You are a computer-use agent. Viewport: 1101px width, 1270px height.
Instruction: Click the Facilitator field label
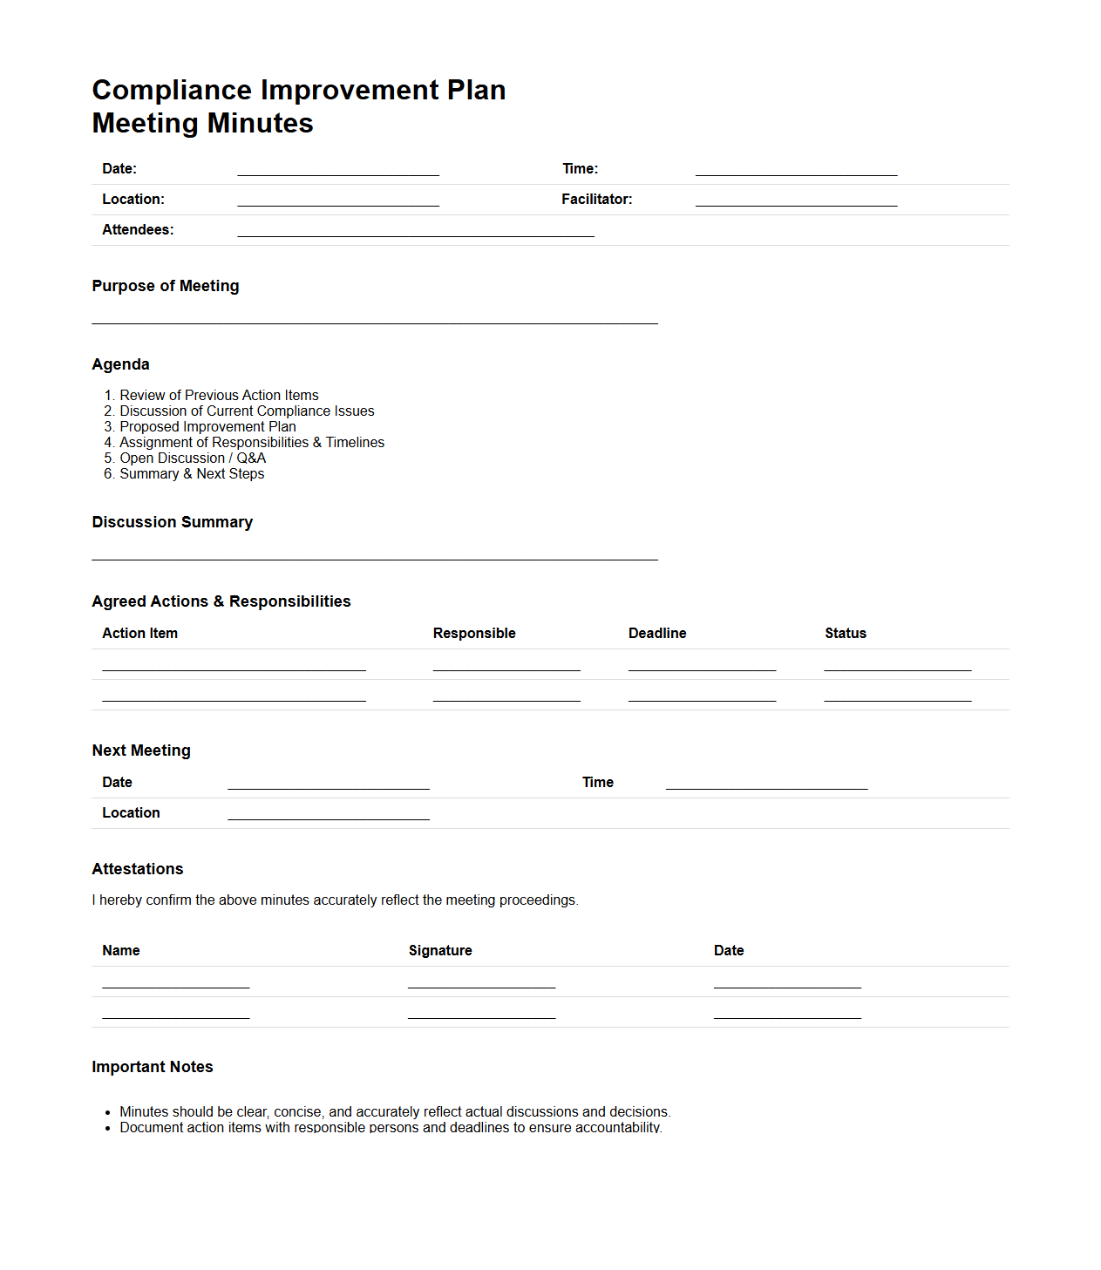pos(596,200)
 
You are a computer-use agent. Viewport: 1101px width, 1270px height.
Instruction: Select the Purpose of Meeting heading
pos(166,286)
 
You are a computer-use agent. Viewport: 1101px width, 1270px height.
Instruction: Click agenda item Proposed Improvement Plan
pos(207,427)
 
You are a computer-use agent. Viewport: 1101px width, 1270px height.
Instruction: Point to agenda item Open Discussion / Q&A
pos(193,458)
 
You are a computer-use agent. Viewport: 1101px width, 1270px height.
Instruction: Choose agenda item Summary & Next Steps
pos(192,474)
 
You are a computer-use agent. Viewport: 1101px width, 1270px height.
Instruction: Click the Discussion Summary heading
pos(173,522)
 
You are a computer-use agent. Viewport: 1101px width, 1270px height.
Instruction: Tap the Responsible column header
pos(474,634)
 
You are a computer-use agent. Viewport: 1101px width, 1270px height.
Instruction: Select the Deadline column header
pos(657,634)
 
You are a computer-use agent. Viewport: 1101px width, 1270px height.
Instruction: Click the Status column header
pos(846,634)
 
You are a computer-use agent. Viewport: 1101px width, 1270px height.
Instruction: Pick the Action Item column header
pos(139,634)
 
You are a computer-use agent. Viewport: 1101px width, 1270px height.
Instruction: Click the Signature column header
pos(440,951)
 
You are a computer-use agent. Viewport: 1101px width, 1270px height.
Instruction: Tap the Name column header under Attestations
pos(121,951)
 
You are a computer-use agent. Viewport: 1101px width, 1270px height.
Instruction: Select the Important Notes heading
pos(153,1067)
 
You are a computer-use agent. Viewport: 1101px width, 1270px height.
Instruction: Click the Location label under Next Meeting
pos(131,813)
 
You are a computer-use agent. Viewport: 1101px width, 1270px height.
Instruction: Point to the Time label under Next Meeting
pos(598,783)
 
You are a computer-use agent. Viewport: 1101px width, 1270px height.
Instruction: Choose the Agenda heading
pos(120,364)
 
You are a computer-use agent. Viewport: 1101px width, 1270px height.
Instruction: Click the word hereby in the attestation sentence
pos(120,900)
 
